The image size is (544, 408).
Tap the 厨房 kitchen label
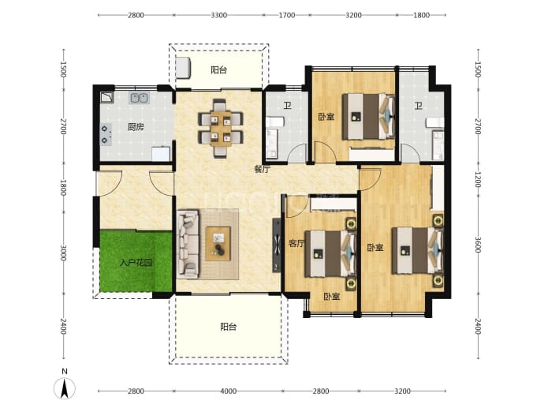[136, 127]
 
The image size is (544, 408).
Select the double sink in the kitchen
[139, 98]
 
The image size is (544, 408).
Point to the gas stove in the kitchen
[106, 134]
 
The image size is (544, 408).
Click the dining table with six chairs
[220, 129]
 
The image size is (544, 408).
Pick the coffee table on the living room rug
[218, 243]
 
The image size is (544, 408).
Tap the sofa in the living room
[188, 244]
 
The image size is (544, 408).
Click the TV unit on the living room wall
[277, 245]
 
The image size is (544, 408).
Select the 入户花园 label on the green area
[136, 263]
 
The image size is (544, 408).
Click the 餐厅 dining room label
[263, 170]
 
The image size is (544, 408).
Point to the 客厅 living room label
[296, 243]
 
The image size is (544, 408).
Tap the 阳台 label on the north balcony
[219, 70]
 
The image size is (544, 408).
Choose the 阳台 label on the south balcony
[229, 327]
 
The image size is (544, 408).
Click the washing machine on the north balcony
[183, 68]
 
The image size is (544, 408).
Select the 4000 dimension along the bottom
[229, 391]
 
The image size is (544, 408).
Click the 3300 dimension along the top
[219, 15]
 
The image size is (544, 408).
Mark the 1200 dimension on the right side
[478, 179]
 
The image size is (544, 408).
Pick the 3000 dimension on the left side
[63, 253]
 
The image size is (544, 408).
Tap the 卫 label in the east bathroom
[419, 106]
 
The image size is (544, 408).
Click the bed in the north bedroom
[368, 116]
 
